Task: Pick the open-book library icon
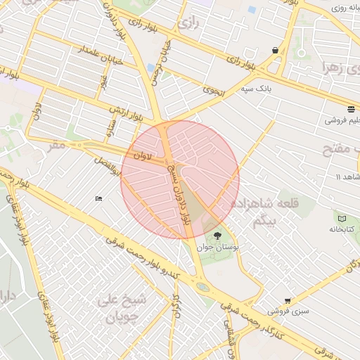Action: [342, 219]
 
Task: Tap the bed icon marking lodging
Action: [99, 198]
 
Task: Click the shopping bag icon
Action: [274, 50]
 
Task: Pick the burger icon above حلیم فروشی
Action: [350, 108]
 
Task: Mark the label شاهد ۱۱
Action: [347, 176]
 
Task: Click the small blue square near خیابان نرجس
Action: [151, 68]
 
